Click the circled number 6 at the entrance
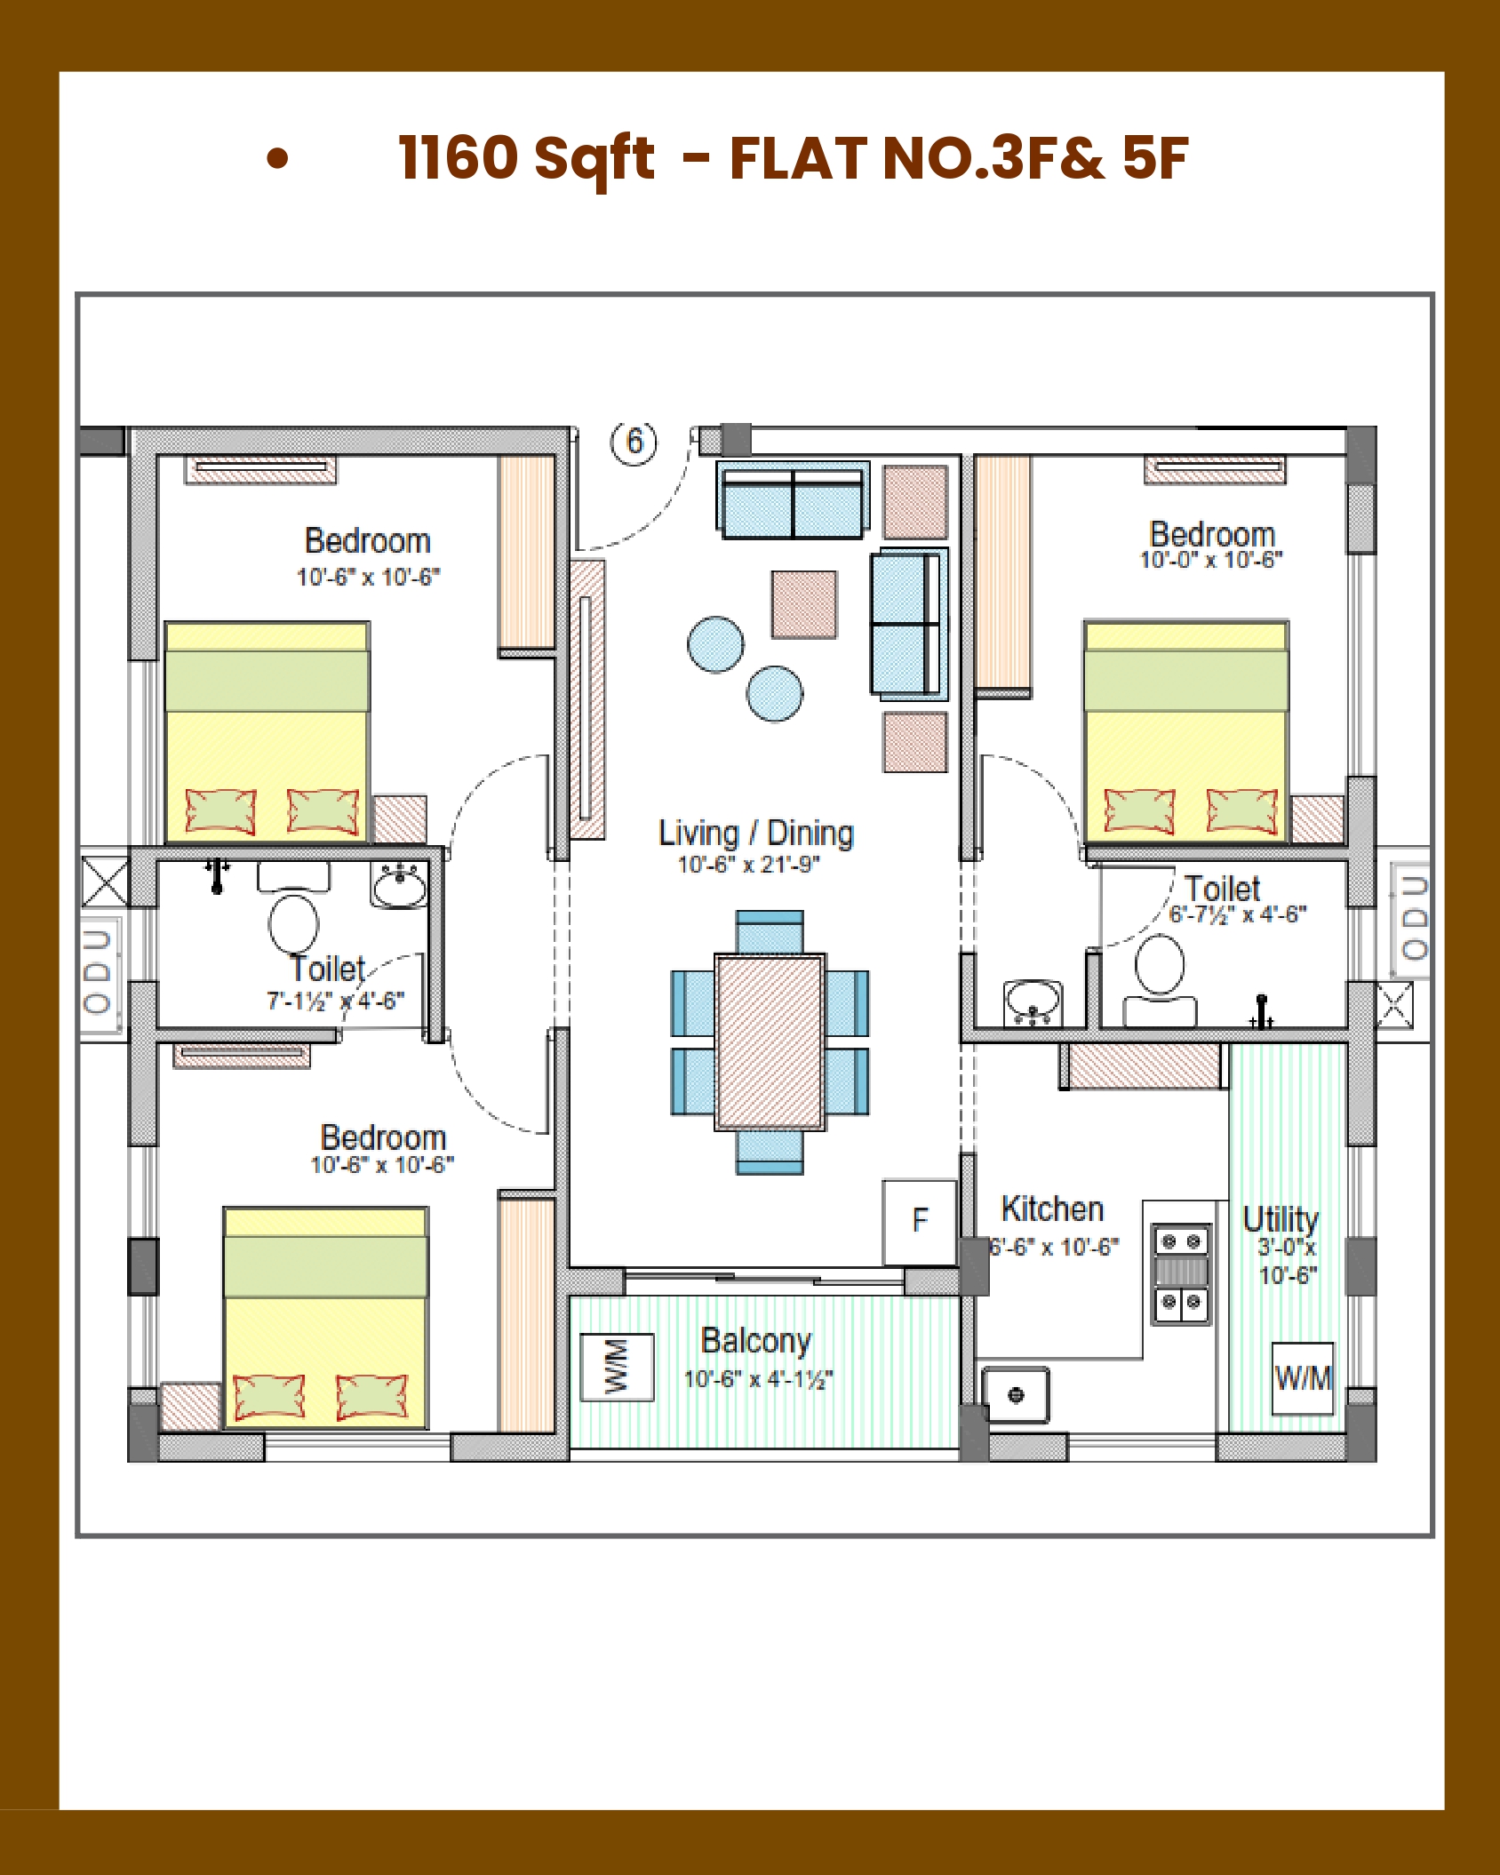pos(634,442)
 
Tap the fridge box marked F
pos(920,1222)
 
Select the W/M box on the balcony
pos(617,1367)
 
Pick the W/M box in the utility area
pos(1303,1377)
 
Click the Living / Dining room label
pos(756,834)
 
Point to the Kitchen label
pos(1052,1209)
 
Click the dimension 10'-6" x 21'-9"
pos(748,865)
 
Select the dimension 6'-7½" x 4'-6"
pos(1238,914)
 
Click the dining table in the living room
pos(770,1042)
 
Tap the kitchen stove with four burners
pos(1181,1274)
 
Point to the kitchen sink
pos(1016,1395)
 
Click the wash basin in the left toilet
pos(399,886)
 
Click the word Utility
pos(1281,1219)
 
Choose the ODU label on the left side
pos(97,973)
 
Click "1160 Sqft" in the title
pos(527,158)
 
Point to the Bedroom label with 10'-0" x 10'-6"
pos(1212,535)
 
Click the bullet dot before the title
pos(278,158)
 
